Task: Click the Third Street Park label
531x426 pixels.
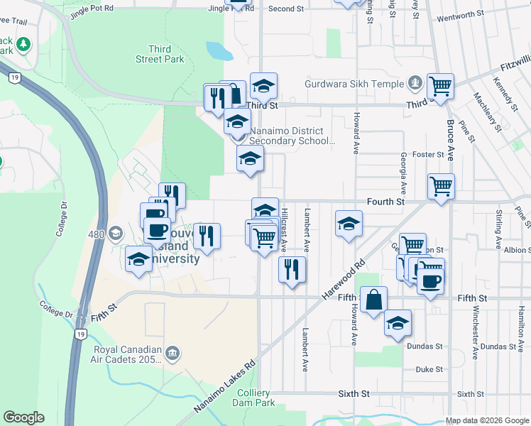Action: click(160, 55)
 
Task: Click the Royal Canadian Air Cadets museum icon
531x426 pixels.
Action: click(173, 353)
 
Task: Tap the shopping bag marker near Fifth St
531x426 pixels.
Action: click(374, 300)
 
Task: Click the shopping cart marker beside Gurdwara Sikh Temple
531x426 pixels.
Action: click(441, 87)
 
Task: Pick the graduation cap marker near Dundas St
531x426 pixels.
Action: click(398, 323)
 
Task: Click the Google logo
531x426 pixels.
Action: click(23, 417)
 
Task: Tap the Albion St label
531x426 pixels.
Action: click(516, 250)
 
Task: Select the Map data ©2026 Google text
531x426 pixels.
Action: click(487, 421)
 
